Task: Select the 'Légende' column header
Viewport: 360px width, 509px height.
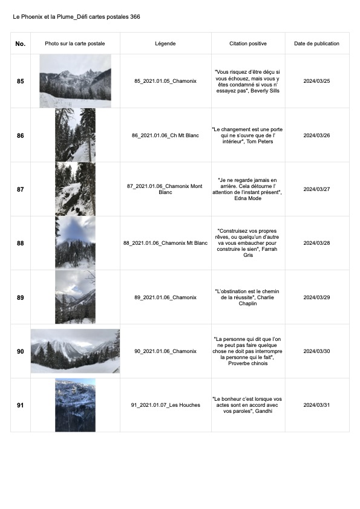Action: [165, 44]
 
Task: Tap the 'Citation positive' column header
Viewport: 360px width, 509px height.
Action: [248, 44]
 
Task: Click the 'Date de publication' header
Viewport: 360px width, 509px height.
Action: [317, 44]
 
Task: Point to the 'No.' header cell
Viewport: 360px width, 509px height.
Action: [21, 44]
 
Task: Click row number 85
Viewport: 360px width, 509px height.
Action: [21, 81]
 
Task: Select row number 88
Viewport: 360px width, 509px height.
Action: [21, 243]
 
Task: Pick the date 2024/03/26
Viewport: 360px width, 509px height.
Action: [317, 135]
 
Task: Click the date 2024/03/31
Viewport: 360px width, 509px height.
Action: [317, 405]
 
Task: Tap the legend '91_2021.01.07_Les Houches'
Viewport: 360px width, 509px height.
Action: [165, 405]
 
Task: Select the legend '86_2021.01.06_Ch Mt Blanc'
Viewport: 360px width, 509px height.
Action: [165, 135]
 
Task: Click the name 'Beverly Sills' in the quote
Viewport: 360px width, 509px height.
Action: [265, 91]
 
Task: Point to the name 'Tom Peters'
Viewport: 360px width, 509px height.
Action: [260, 141]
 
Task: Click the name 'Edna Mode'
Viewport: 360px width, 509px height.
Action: [248, 198]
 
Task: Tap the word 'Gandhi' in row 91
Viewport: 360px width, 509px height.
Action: [264, 411]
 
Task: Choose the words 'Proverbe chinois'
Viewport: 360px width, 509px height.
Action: [248, 363]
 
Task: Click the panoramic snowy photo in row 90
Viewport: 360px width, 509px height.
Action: [76, 351]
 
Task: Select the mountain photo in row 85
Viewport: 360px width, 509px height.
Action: [76, 81]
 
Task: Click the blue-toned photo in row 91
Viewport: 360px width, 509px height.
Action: [76, 405]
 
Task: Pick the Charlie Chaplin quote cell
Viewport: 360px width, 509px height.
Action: [248, 297]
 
